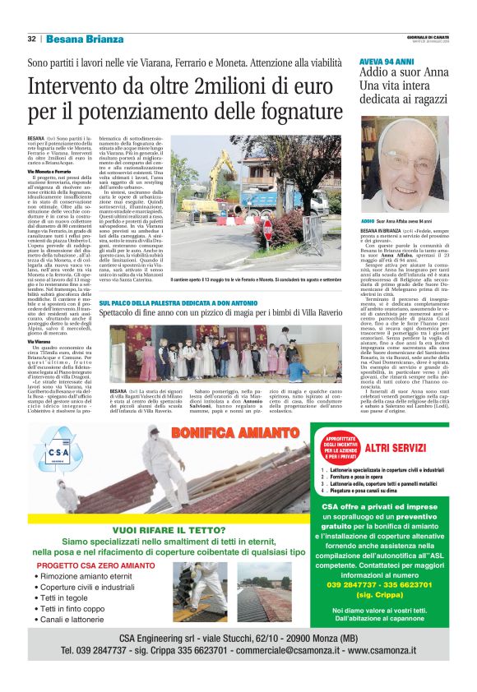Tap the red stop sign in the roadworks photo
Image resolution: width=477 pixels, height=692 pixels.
point(266,233)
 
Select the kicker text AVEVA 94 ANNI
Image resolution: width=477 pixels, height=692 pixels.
point(386,62)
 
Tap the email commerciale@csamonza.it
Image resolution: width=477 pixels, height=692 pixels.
point(289,648)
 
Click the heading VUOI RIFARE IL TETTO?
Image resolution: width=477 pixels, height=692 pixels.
point(169,508)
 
